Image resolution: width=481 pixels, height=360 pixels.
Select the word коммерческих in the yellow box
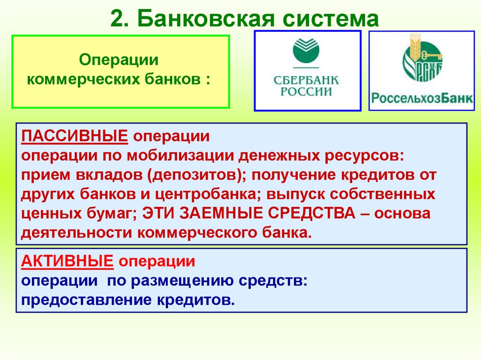click(x=80, y=78)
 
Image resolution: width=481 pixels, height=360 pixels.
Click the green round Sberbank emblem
click(x=306, y=50)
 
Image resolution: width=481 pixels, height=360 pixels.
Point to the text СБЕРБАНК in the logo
click(x=306, y=79)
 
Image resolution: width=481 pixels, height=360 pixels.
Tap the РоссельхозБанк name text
click(x=422, y=99)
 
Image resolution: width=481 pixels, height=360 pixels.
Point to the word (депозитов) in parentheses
click(x=196, y=175)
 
